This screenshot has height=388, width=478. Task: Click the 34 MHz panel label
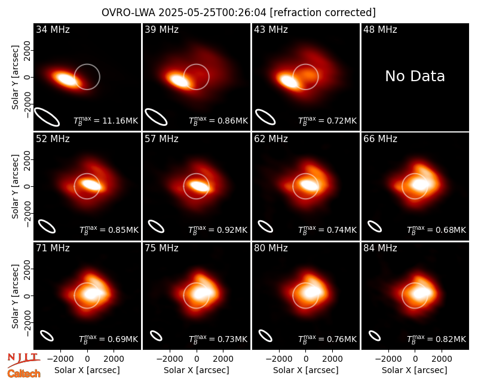(53, 29)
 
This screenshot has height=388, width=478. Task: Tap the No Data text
(415, 76)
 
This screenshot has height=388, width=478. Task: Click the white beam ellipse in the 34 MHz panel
(47, 116)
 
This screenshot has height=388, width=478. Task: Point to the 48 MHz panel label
(380, 29)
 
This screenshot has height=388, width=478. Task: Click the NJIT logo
(23, 359)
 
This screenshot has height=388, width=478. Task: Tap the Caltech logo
(24, 374)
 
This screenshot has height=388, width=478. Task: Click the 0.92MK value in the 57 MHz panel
(232, 230)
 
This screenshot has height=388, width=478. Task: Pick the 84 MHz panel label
(380, 248)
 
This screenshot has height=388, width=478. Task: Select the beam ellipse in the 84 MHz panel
(375, 335)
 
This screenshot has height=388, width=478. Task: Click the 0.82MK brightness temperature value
(451, 339)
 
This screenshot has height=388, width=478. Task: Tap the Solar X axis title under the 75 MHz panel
(197, 370)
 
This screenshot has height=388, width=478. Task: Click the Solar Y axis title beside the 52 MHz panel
(16, 186)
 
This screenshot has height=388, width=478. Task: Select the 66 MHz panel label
(380, 139)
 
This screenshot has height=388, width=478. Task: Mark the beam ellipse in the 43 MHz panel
(265, 117)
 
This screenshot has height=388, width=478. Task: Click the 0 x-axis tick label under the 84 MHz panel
(415, 359)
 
